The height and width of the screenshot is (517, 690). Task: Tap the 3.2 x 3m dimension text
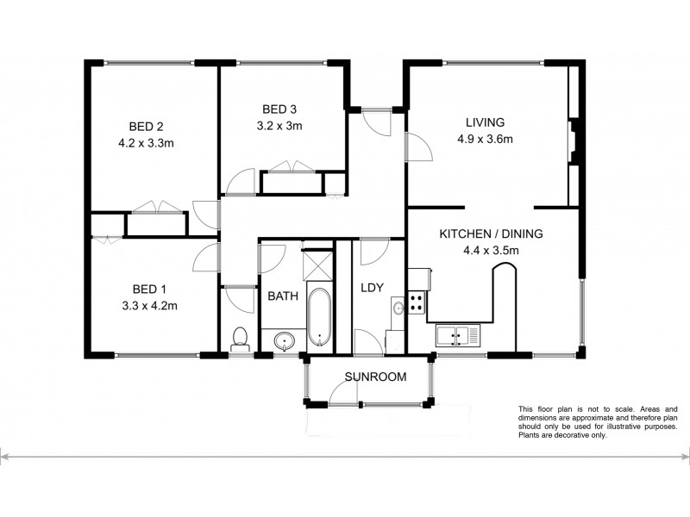pos(280,125)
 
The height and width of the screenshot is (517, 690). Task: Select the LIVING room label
pos(485,121)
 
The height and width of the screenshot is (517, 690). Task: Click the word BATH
pos(283,296)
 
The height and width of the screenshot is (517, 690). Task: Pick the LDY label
pos(372,288)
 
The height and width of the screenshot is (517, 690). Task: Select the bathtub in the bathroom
pos(318,318)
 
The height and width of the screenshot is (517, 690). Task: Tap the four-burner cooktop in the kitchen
pos(417,302)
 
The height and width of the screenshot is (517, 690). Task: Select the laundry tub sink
pos(398,307)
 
